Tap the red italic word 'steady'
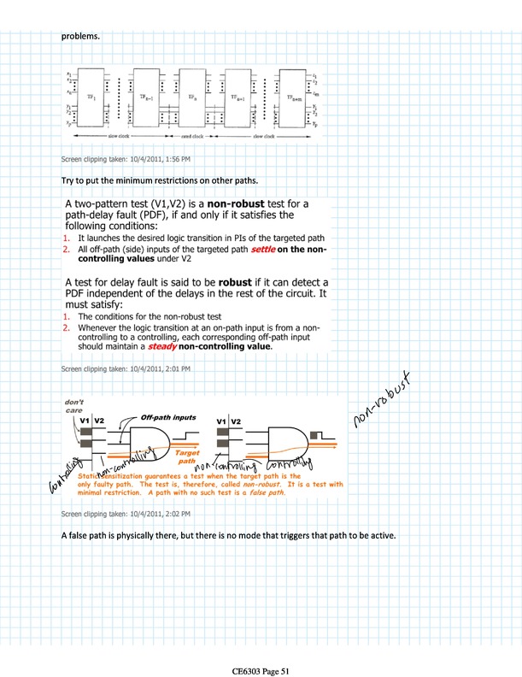pyautogui.click(x=162, y=347)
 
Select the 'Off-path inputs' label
pyautogui.click(x=168, y=417)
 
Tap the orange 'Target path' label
pyautogui.click(x=188, y=457)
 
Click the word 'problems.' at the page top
pyautogui.click(x=80, y=37)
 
